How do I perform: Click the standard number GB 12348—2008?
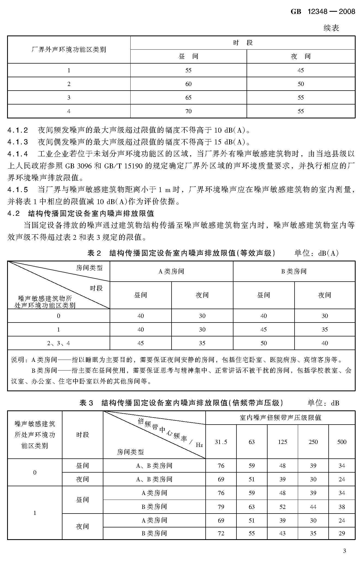click(x=323, y=11)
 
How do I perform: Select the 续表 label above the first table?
click(x=331, y=28)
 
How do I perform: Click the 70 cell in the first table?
click(x=188, y=111)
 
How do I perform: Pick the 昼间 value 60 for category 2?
click(x=188, y=84)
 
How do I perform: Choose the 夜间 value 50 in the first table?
click(x=301, y=84)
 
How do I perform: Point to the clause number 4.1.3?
click(x=18, y=142)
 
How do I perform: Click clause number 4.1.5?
click(x=18, y=189)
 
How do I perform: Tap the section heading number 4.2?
click(x=14, y=213)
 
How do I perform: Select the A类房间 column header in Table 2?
click(x=171, y=271)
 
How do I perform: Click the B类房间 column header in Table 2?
click(x=294, y=271)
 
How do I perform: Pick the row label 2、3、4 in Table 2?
click(x=58, y=343)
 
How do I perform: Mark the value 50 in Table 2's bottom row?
click(x=263, y=343)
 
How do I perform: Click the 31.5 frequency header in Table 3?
click(x=221, y=442)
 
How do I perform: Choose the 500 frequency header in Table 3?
click(x=342, y=442)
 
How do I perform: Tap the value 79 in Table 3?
click(x=221, y=507)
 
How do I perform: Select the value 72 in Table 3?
click(x=221, y=533)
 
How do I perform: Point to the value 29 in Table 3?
click(x=342, y=533)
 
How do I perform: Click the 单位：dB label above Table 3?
click(x=323, y=403)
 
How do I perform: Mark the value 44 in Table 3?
click(x=313, y=507)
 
